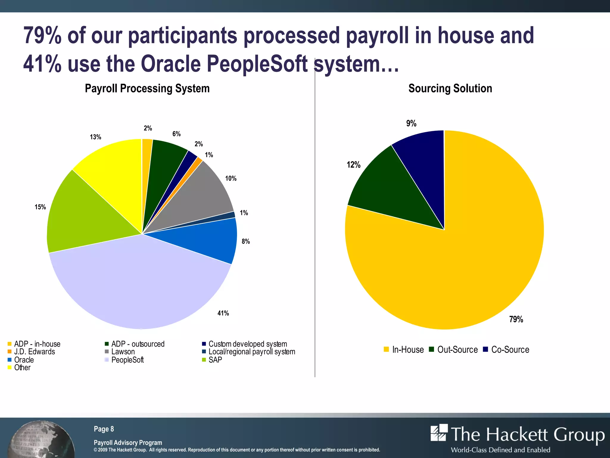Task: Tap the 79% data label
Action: click(516, 319)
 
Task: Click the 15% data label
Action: click(40, 207)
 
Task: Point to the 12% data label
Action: click(354, 165)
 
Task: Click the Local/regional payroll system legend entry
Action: click(249, 352)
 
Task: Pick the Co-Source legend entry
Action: click(506, 349)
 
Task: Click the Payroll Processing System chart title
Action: click(147, 89)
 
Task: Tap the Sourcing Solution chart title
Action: click(450, 89)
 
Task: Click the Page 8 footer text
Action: click(104, 429)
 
